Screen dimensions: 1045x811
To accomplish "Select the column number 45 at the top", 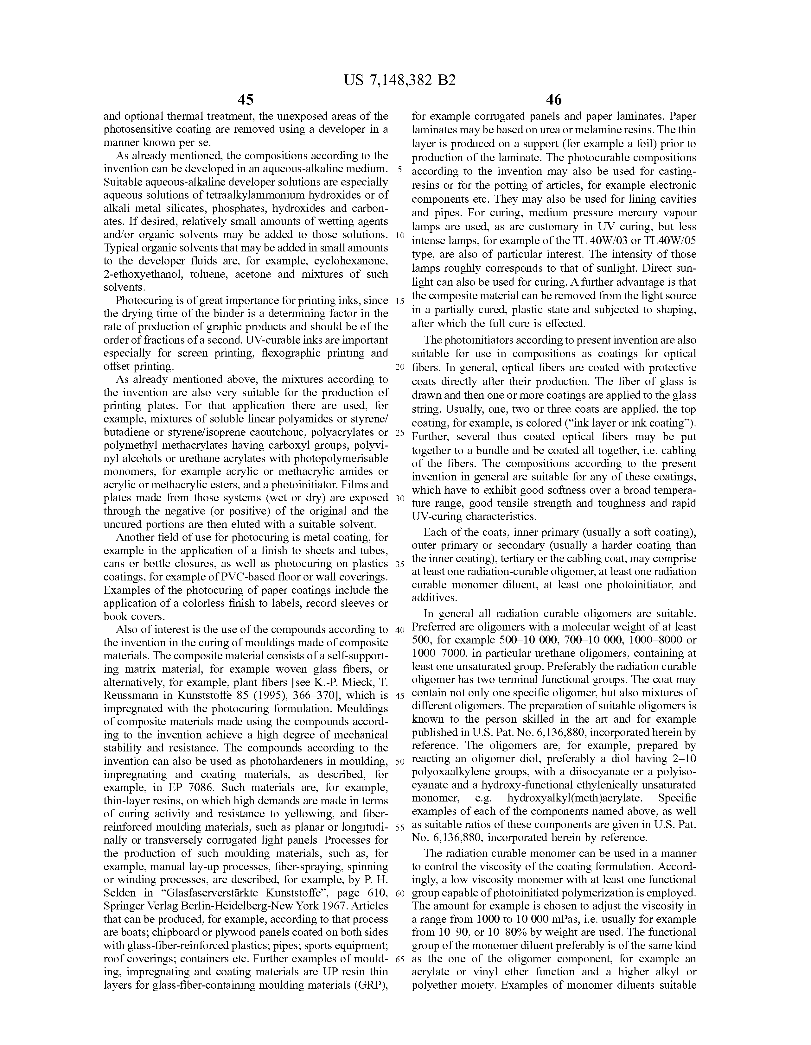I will pyautogui.click(x=246, y=100).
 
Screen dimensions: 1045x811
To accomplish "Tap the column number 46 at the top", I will pyautogui.click(x=553, y=100).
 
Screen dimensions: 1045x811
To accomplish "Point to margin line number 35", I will pyautogui.click(x=400, y=564).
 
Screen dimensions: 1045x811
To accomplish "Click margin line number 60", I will pyautogui.click(x=400, y=893).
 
